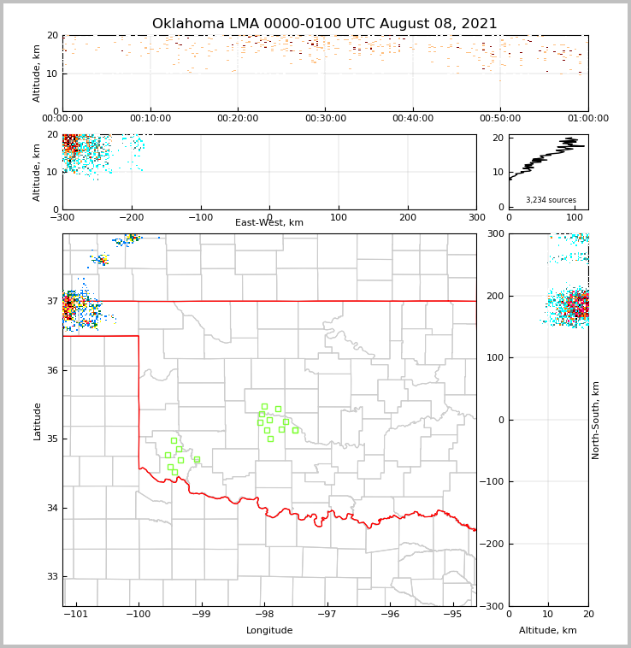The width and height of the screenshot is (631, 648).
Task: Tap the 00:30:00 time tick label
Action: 325,119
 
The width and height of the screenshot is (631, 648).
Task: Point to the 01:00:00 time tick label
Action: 587,119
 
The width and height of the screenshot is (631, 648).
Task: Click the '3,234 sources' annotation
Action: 551,200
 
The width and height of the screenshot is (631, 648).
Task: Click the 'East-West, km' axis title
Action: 269,223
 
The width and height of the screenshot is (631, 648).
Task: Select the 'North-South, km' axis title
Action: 596,420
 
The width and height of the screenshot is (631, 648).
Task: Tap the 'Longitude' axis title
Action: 269,631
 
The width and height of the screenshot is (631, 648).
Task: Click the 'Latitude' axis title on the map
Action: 37,421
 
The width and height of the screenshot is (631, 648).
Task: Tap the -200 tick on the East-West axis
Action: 130,217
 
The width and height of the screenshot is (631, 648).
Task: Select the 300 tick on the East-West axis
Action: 476,217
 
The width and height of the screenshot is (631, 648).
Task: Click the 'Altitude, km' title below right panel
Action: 548,631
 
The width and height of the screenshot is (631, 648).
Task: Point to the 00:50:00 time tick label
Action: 500,119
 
